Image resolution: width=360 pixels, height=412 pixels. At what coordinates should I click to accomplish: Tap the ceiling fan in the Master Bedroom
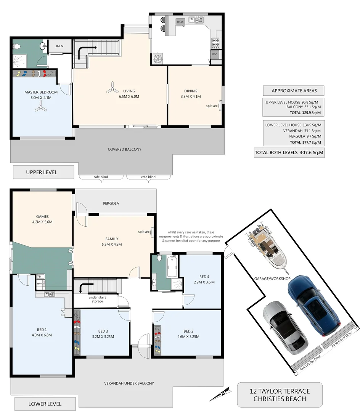point(40,109)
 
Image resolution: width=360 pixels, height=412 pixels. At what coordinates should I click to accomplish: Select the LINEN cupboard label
point(59,46)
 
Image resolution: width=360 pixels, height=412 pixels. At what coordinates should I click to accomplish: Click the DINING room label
point(191,91)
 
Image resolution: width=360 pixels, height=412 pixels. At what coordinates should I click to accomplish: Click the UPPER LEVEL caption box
point(42,172)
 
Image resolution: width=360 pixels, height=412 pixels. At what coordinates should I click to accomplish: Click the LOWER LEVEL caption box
point(45,404)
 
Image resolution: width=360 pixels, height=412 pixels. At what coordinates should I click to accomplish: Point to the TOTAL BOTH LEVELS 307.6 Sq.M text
point(289,153)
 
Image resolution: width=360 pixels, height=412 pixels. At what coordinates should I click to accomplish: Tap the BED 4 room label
point(204,277)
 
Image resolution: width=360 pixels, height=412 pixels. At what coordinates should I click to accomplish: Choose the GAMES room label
point(42,217)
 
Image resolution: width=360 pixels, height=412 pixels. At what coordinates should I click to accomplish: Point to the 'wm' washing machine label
point(40,283)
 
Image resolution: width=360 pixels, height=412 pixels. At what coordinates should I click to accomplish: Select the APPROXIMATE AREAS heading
point(293,90)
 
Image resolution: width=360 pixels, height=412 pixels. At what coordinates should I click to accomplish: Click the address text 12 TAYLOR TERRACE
point(280,391)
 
